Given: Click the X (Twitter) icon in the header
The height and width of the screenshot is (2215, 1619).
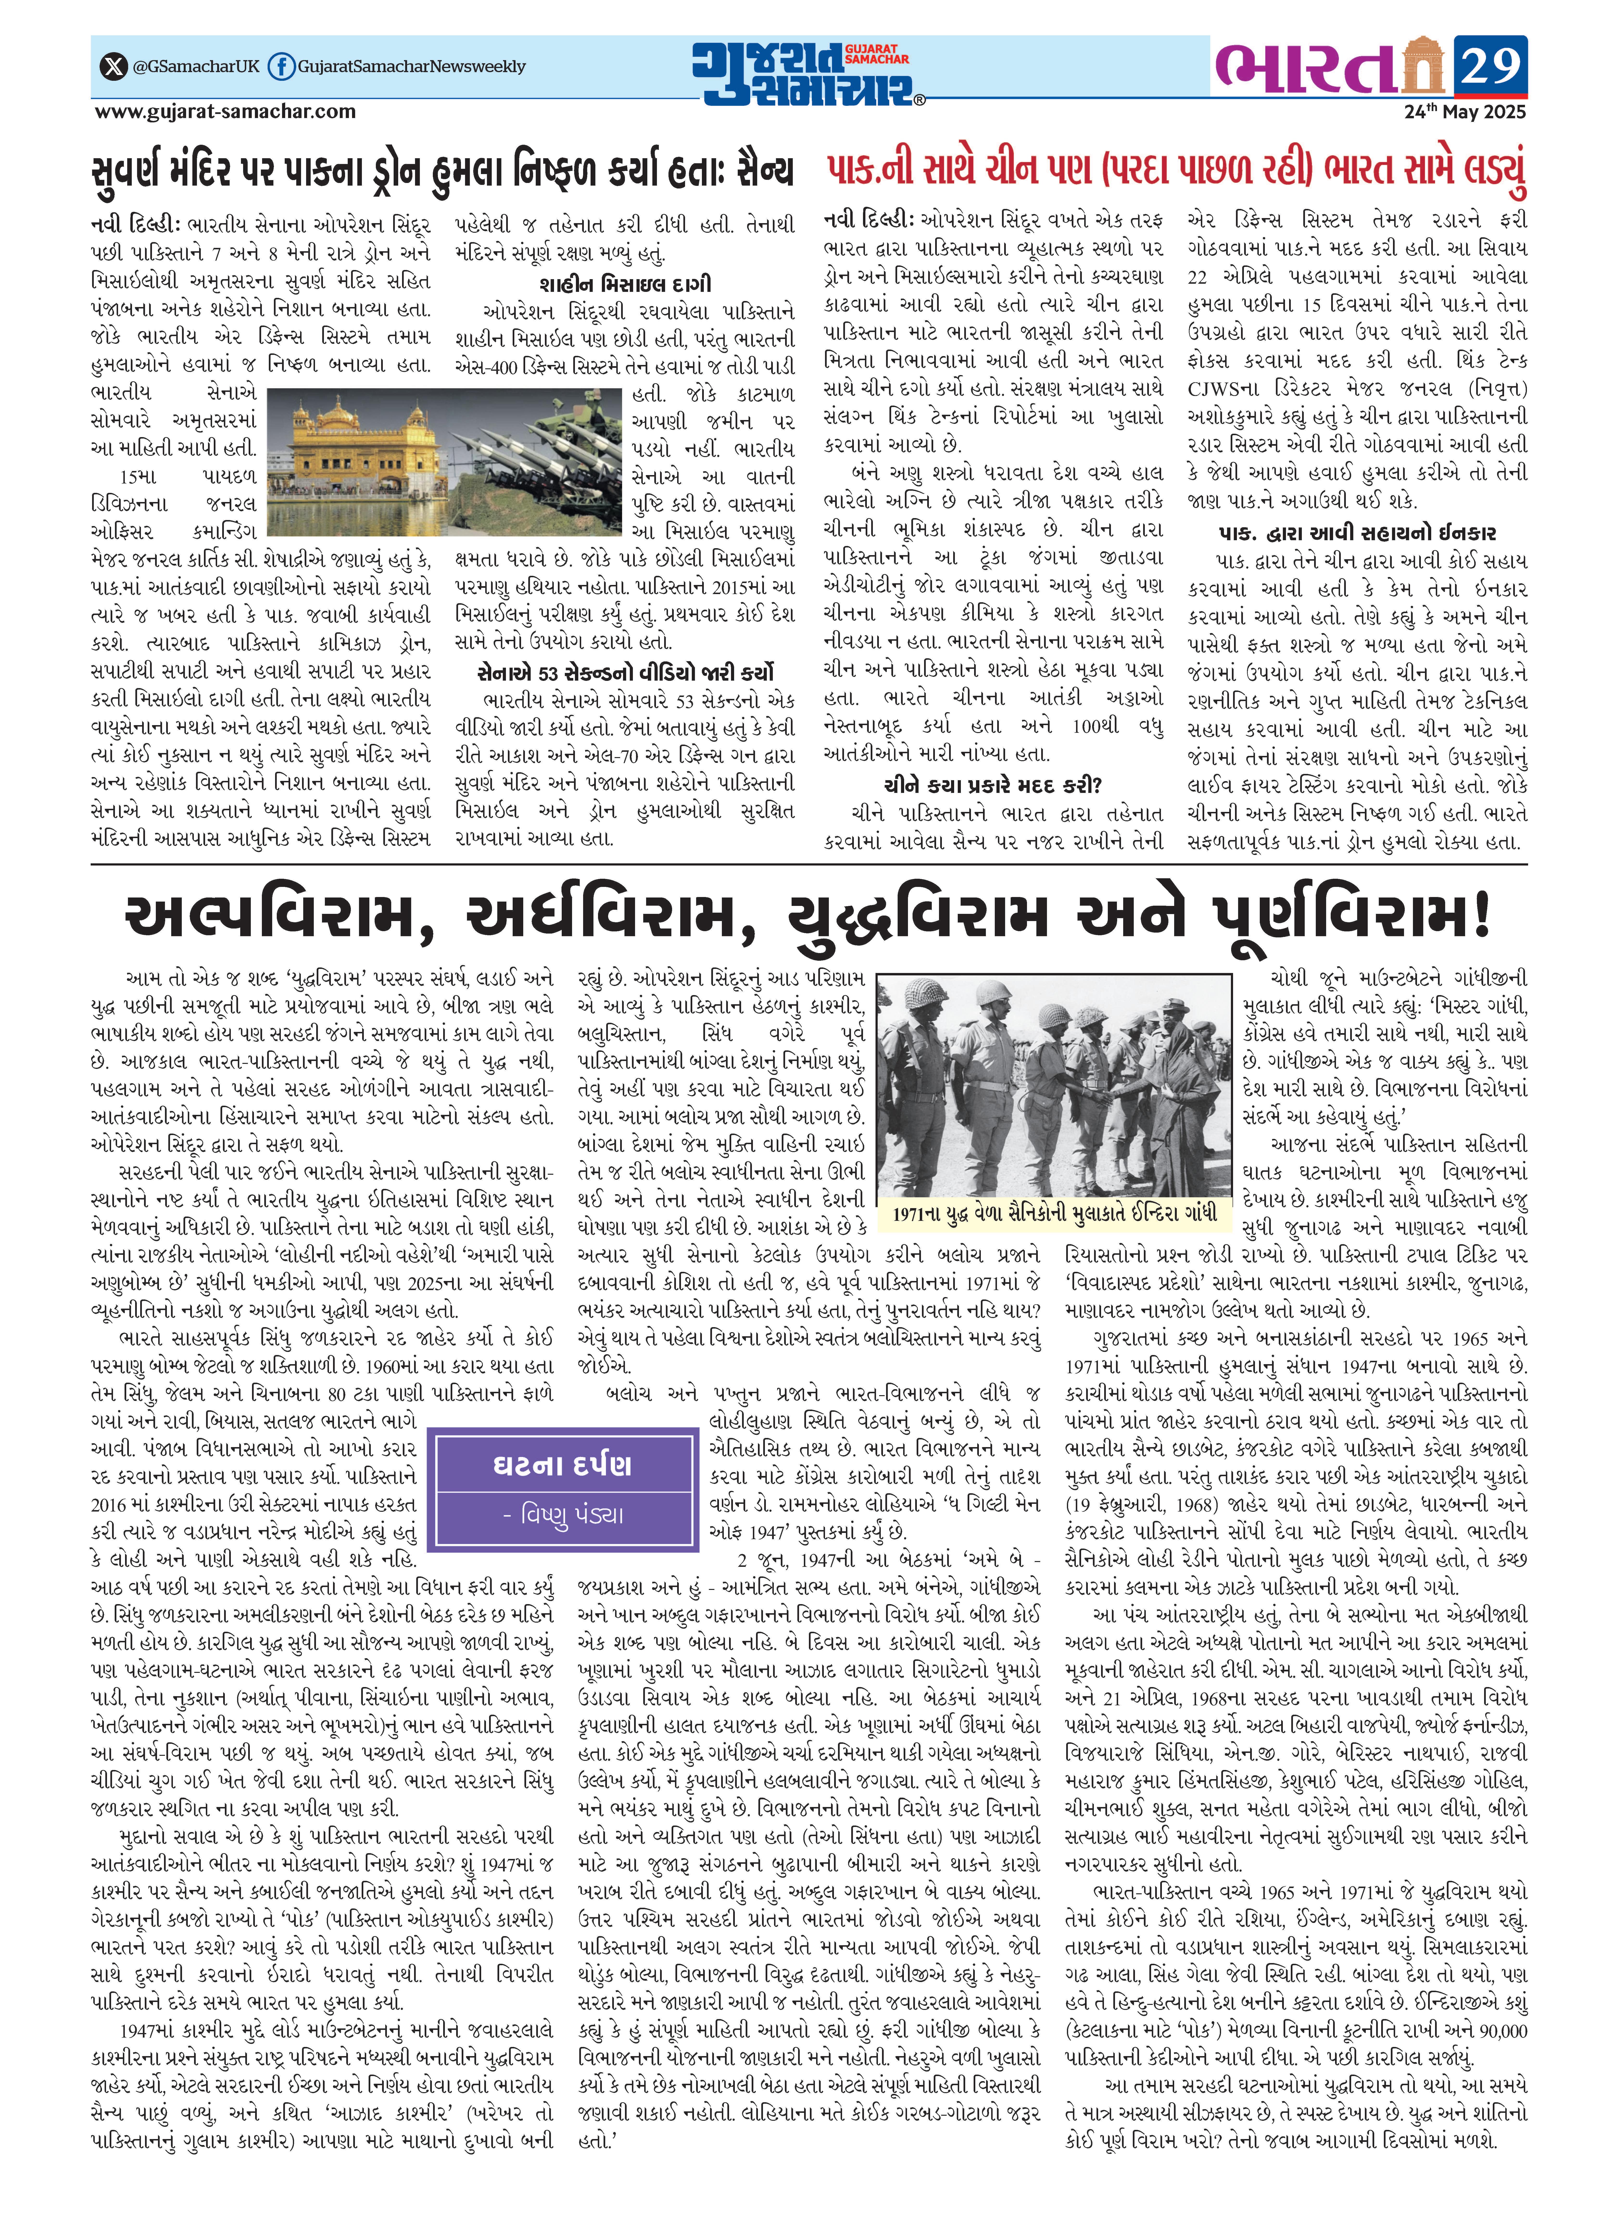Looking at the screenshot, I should point(114,67).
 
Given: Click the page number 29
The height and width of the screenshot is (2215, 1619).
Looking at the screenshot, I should point(1490,67).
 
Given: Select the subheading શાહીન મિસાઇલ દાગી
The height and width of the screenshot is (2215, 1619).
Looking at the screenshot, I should point(624,284).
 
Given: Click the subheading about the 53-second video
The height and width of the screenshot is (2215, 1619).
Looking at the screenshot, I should point(624,672).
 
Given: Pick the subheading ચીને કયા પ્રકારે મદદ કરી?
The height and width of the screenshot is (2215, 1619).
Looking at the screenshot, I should point(993,785).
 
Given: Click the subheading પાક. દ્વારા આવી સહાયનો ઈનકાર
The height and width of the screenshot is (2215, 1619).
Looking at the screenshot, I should point(1356,533).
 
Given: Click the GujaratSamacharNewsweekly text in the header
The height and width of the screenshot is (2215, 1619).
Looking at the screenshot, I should point(412,67).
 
